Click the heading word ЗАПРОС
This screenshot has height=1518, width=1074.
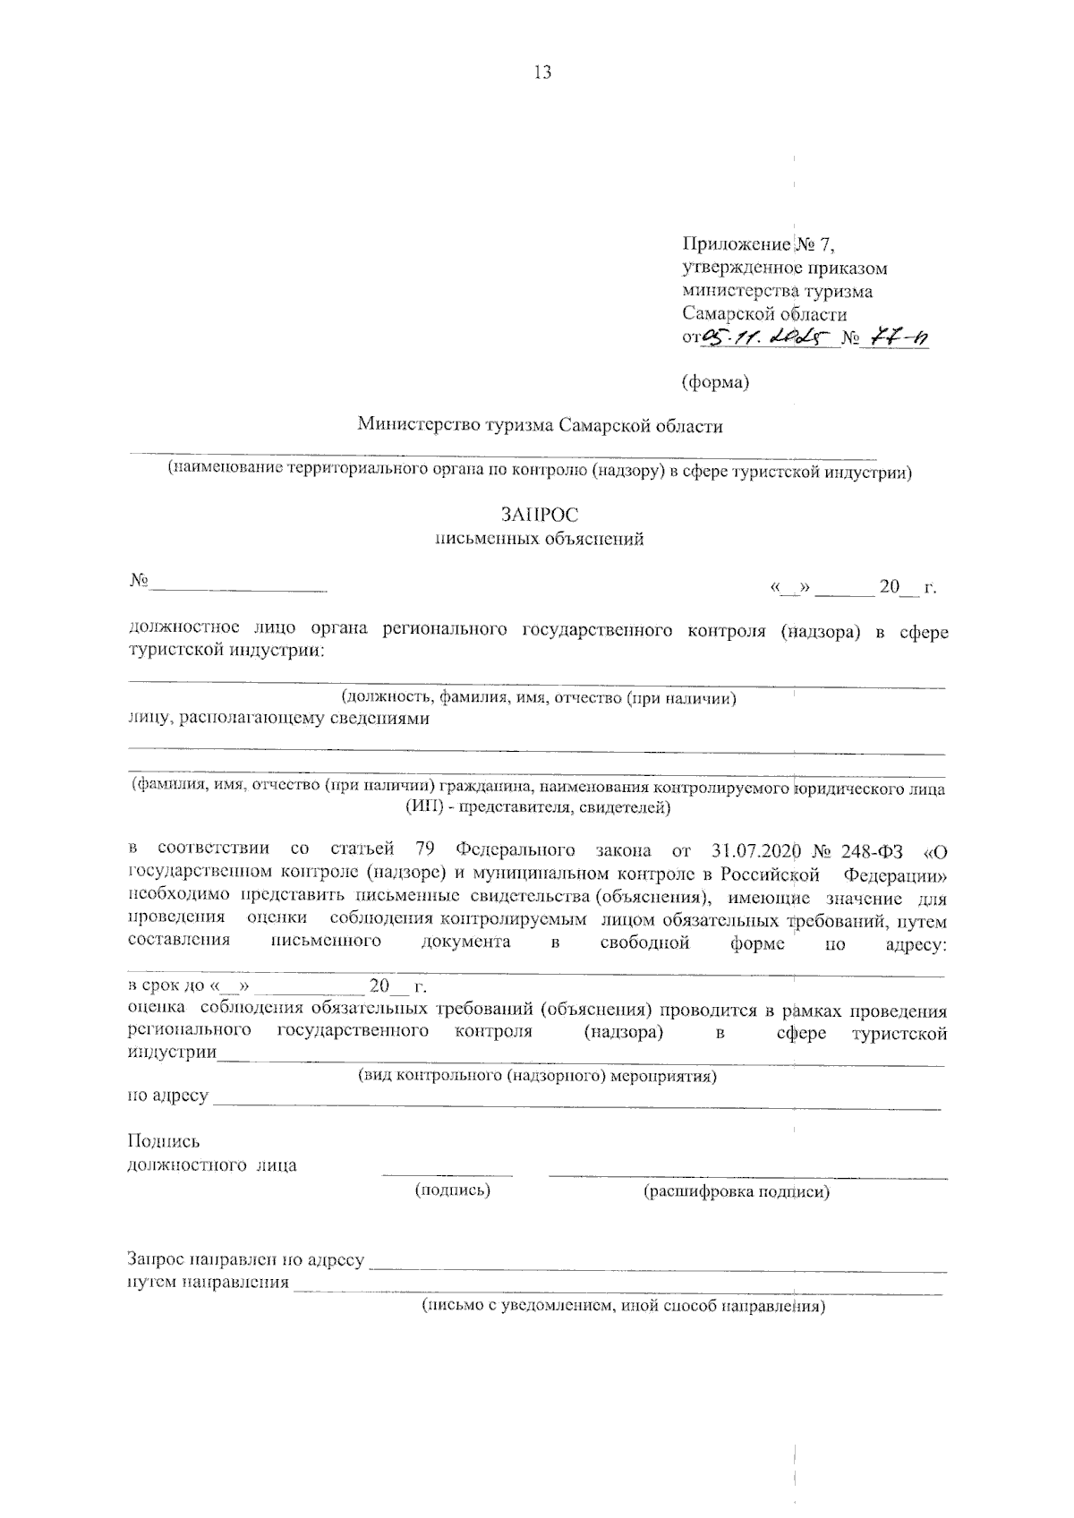click(540, 515)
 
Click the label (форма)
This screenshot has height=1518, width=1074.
click(715, 382)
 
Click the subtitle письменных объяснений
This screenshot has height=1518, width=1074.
click(539, 540)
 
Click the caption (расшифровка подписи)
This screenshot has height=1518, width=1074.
click(736, 1192)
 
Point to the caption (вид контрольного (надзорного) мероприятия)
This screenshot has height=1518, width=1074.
click(537, 1075)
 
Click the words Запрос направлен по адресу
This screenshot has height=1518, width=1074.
click(246, 1260)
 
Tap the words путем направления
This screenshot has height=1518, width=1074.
click(209, 1283)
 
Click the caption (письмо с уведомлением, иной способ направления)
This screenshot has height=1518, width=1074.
click(623, 1306)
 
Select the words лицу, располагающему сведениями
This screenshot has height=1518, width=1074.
click(278, 719)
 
